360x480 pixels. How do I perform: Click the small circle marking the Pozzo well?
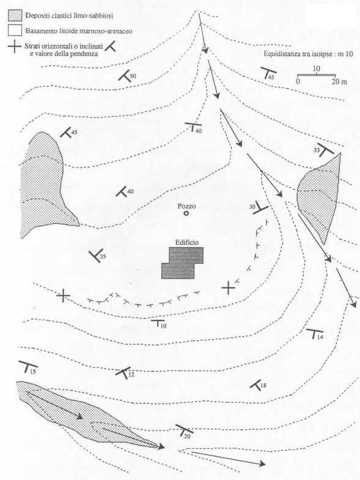coord(186,213)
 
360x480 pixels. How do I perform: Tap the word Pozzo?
coord(186,206)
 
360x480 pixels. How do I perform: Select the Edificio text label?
coord(187,243)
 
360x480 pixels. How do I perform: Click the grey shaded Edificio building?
coord(182,263)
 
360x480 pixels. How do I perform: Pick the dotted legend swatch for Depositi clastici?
coord(15,15)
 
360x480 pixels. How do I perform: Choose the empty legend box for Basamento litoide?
coord(15,31)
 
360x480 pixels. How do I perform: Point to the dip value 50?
coord(133,76)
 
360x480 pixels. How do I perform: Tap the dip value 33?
coord(317,150)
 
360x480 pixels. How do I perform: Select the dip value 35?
coord(103,257)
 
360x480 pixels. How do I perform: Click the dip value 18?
coord(263,385)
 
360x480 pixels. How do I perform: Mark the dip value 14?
coord(320,338)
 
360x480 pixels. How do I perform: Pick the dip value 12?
coord(131,374)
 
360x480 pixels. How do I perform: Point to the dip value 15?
coord(33,372)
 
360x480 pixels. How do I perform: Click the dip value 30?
coord(252,207)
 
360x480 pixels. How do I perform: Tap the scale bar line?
coord(317,75)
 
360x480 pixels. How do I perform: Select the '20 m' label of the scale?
coord(339,82)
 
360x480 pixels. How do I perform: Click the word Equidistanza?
coord(281,54)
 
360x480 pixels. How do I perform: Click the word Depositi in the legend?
coord(35,16)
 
